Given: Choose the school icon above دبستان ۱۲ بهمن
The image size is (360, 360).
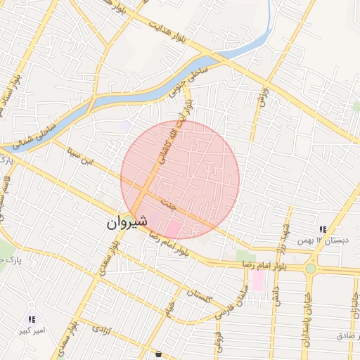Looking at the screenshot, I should [322, 229].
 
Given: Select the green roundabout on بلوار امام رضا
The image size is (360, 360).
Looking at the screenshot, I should [310, 268].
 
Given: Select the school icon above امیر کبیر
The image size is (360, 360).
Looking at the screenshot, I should [32, 320].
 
